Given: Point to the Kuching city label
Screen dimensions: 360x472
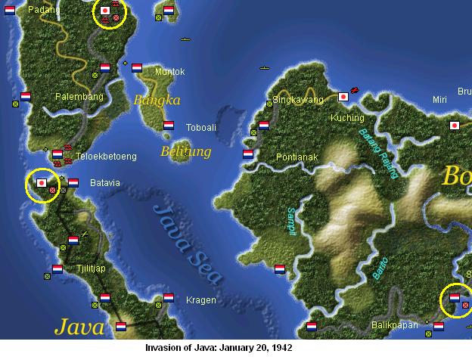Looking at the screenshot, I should [348, 118].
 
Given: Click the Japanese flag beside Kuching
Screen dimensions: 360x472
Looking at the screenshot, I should [343, 97].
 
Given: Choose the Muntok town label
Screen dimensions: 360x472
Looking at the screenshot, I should [169, 72].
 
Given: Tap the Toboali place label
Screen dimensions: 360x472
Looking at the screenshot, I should [201, 127].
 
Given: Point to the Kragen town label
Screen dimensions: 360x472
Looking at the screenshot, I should [200, 300].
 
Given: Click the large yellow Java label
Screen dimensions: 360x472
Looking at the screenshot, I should [78, 327].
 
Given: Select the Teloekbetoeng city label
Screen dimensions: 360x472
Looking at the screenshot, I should [107, 157].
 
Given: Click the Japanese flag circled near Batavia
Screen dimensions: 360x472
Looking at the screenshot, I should [41, 183].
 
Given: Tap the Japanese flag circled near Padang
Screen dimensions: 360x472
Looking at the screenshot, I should [105, 11].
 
